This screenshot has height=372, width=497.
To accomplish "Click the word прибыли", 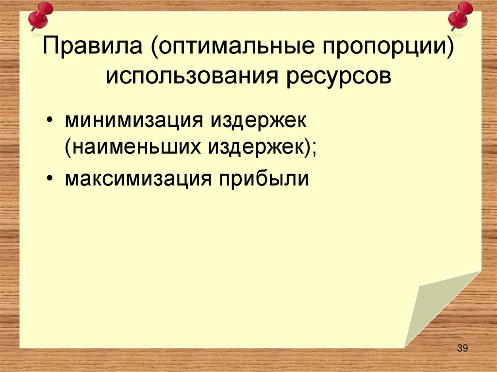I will click(x=265, y=178).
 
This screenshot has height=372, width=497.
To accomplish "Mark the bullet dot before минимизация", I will click(x=51, y=120).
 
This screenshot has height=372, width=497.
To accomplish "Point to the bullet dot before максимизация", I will click(x=51, y=179).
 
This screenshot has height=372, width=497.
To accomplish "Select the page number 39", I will click(x=462, y=348).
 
